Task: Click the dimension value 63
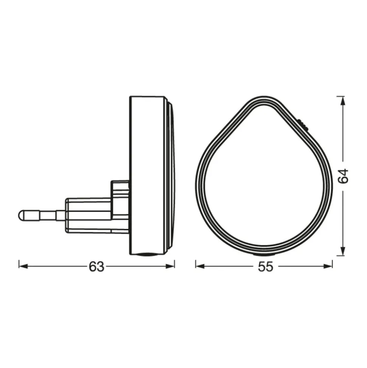(96, 266)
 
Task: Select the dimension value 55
(266, 266)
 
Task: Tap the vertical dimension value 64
(343, 176)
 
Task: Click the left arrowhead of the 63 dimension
(23, 266)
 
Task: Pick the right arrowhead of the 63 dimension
(170, 266)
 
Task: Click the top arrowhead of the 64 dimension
(343, 101)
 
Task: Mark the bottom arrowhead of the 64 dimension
(343, 251)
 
